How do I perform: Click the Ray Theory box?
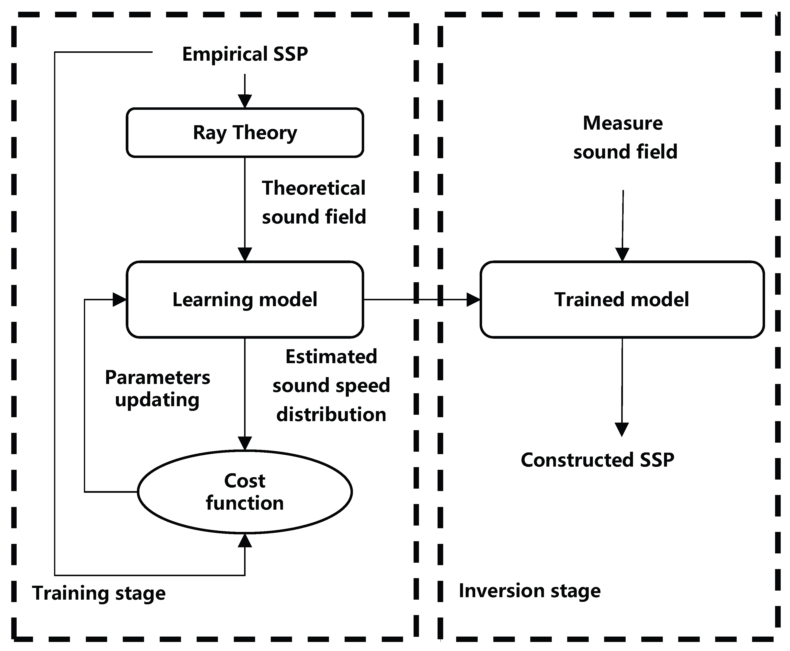point(245,132)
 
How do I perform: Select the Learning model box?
point(245,299)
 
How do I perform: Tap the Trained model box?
point(622,299)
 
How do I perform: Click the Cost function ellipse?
point(245,492)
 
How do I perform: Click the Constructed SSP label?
point(597,460)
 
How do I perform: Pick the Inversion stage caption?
point(530,591)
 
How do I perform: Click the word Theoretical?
point(314,188)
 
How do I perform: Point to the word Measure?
point(623,123)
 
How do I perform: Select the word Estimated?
point(331,356)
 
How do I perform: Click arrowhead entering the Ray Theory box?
point(245,101)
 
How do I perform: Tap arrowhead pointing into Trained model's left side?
point(473,299)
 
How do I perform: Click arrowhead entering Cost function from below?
point(245,541)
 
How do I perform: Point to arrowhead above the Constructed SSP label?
point(622,429)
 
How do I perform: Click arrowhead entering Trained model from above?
point(622,254)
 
